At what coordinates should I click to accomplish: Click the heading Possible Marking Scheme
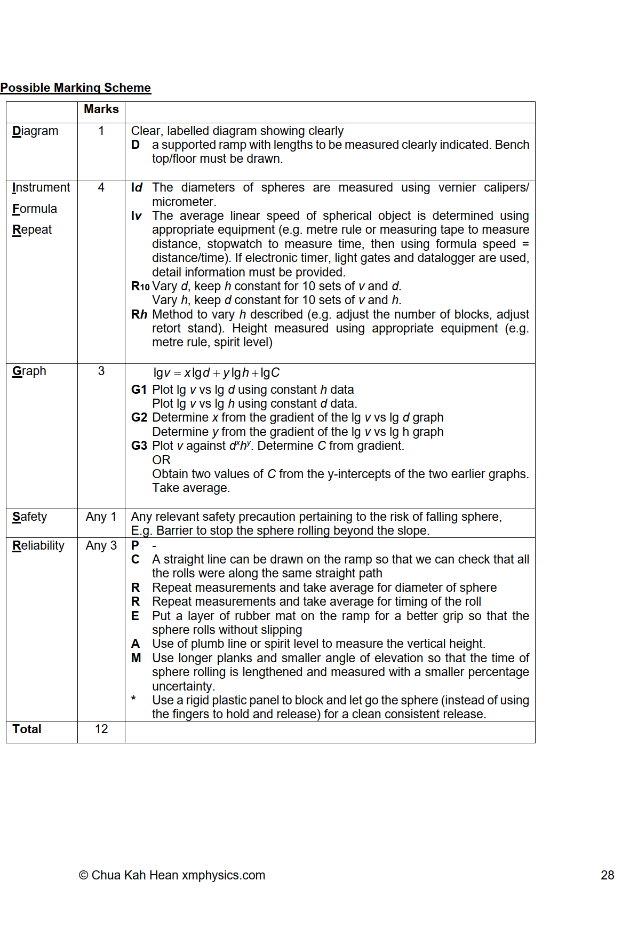click(x=75, y=88)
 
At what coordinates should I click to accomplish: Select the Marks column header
click(x=101, y=109)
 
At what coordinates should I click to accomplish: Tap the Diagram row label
click(x=35, y=131)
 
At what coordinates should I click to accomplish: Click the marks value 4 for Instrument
click(x=101, y=187)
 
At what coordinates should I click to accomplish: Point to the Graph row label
click(x=29, y=371)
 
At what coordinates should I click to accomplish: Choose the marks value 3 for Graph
click(x=101, y=371)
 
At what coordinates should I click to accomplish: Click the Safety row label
click(x=30, y=517)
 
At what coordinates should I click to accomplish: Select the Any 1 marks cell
click(x=101, y=517)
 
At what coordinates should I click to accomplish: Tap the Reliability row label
click(x=38, y=545)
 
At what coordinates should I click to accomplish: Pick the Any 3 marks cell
click(x=101, y=545)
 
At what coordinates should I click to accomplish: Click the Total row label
click(x=27, y=729)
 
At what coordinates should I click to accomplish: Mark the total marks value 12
click(x=101, y=729)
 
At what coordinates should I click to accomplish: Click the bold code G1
click(x=139, y=390)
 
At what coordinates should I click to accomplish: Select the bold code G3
click(x=139, y=446)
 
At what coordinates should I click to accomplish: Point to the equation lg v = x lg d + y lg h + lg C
click(x=216, y=372)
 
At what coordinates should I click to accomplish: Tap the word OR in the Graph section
click(x=161, y=460)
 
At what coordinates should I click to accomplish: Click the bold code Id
click(x=137, y=187)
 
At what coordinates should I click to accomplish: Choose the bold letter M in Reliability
click(x=136, y=658)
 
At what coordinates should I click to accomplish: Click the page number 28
click(x=607, y=875)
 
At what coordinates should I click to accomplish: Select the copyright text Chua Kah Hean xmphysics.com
click(x=172, y=875)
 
